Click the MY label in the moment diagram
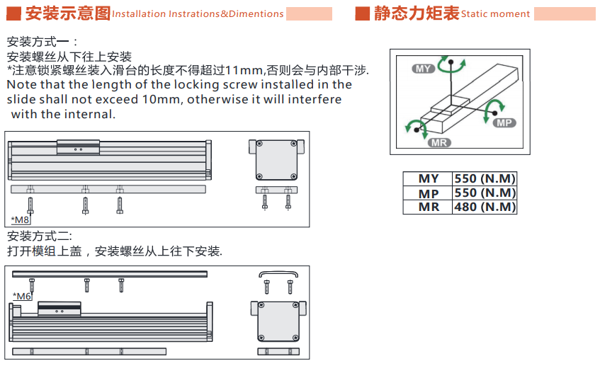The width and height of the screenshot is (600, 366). [x=423, y=69]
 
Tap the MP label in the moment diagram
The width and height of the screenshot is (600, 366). [x=504, y=122]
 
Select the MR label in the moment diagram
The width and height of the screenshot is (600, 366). [x=439, y=143]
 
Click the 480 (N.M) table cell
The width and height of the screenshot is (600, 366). [x=485, y=207]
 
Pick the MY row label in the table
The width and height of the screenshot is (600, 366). [x=429, y=178]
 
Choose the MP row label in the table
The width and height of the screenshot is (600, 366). [x=429, y=193]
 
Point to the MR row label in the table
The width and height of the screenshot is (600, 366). [x=429, y=207]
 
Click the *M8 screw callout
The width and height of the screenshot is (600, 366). [x=21, y=220]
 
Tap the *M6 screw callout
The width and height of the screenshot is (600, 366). [x=22, y=297]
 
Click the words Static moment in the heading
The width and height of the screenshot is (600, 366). [x=496, y=14]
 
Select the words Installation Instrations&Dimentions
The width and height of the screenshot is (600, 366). [x=198, y=14]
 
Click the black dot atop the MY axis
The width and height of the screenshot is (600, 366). [x=451, y=62]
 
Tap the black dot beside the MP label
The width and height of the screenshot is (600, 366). [x=494, y=113]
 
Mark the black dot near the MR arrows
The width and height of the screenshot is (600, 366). [x=417, y=130]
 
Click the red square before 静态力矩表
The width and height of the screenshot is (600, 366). [x=363, y=13]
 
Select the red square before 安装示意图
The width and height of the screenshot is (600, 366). [x=13, y=13]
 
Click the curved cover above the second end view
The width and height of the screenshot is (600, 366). [x=278, y=273]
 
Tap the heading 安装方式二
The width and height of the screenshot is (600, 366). [x=39, y=236]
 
